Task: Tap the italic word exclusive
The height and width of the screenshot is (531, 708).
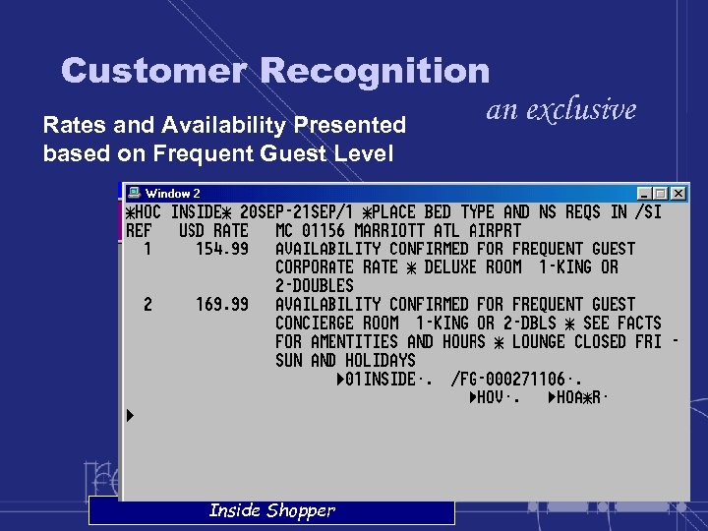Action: point(581,109)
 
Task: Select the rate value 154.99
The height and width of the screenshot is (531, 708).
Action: point(222,249)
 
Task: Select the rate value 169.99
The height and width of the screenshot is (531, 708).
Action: point(222,305)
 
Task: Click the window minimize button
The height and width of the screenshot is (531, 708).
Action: point(645,194)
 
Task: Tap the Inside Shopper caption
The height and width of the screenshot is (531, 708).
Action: point(271,510)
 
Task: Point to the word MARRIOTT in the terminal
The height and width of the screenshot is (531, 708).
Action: point(389,231)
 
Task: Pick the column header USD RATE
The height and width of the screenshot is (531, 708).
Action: point(213,231)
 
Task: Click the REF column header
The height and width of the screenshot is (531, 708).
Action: point(139,231)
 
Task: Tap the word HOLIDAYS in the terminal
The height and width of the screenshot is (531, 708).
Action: point(381,361)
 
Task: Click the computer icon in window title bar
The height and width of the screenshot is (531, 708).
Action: point(135,194)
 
